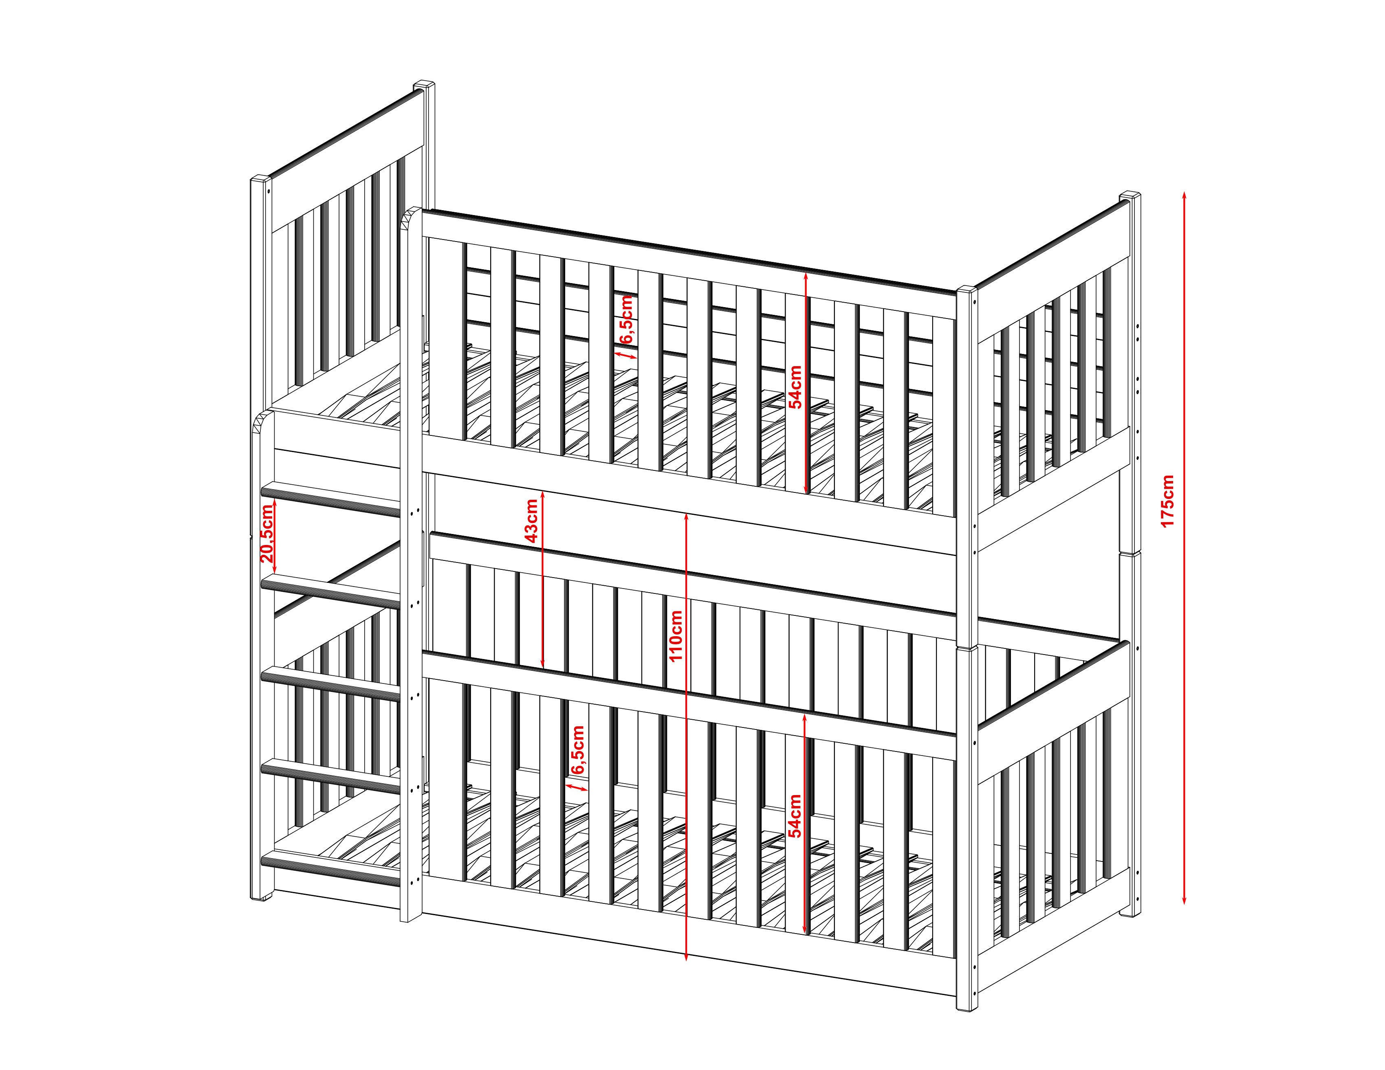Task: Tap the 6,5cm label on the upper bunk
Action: click(x=626, y=319)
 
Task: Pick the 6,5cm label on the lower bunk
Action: click(x=577, y=749)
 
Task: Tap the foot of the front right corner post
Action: click(x=967, y=1006)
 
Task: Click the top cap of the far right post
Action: click(x=1130, y=196)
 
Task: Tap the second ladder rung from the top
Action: click(x=330, y=591)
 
